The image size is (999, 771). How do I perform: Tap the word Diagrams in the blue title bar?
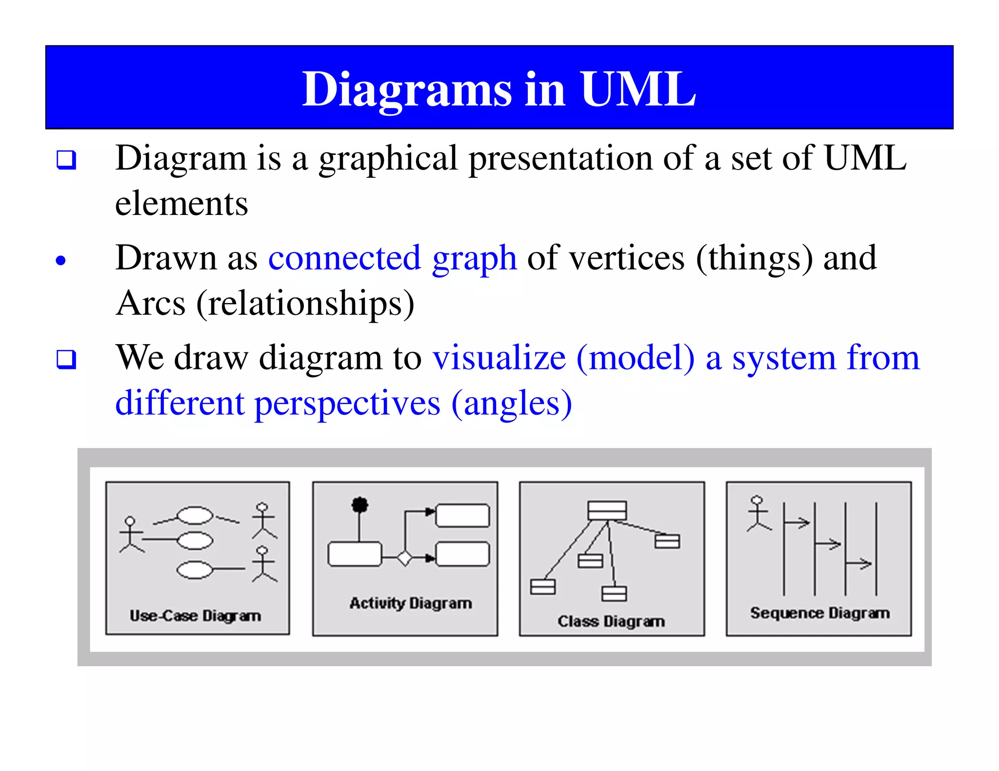point(407,90)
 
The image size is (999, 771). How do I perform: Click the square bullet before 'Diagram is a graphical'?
point(66,159)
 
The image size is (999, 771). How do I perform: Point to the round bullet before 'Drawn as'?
point(60,260)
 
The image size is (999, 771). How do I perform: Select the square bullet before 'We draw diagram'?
point(66,359)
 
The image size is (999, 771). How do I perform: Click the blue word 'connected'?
point(344,258)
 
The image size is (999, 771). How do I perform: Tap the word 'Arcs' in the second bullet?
point(151,304)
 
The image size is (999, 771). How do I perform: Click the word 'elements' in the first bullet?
point(181,204)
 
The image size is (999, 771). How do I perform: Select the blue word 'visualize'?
point(499,358)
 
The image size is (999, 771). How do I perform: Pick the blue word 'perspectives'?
point(347,404)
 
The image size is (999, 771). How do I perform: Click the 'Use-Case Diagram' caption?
point(195,616)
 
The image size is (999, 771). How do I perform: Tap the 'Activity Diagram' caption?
point(411,603)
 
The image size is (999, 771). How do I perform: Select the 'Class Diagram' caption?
point(611,621)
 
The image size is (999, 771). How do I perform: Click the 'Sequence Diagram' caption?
point(819,613)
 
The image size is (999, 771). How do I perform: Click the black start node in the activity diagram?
point(360,505)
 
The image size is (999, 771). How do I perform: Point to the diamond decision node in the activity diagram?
point(404,558)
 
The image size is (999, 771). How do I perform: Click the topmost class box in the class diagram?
point(607,511)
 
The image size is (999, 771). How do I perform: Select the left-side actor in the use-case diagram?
point(131,535)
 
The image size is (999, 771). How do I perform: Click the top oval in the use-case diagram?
point(195,515)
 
